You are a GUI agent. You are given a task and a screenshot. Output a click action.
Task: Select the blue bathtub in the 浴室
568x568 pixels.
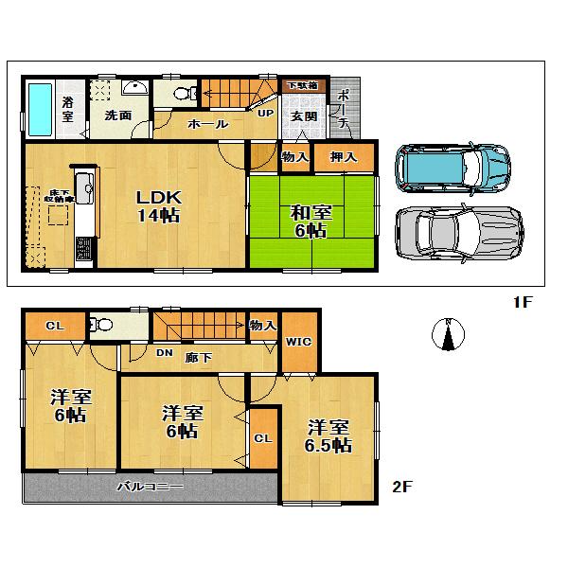pos(40,109)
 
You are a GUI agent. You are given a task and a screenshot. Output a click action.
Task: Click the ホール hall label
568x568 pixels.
pos(207,125)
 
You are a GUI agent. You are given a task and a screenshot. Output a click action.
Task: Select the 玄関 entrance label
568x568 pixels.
pos(303,116)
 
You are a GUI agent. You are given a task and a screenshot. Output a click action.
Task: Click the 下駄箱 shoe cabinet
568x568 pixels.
pos(303,86)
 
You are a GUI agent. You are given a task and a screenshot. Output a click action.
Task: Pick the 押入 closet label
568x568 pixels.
pos(342,158)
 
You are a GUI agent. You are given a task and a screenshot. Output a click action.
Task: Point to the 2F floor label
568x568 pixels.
pos(403,488)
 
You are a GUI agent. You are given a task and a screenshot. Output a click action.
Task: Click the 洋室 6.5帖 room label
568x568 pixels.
pos(328,435)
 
